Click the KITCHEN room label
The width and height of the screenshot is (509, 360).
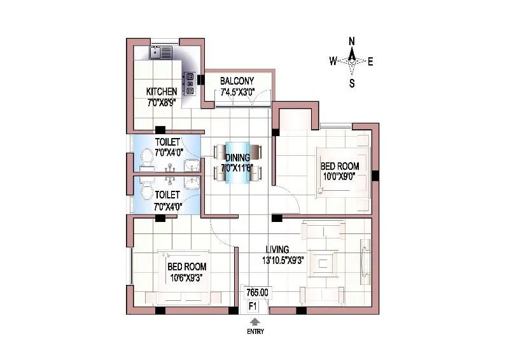point(162,91)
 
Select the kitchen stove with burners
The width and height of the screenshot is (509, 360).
point(190,83)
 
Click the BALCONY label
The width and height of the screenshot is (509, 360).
point(237,81)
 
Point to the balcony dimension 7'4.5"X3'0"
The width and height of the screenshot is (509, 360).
point(237,93)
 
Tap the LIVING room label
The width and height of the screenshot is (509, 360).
point(277,249)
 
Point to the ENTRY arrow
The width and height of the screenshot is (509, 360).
point(256,323)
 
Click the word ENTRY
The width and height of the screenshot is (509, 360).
point(256,332)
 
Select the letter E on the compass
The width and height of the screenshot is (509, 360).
point(371,61)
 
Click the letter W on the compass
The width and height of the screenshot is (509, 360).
point(332,61)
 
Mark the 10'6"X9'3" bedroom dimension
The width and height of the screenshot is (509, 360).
point(187,277)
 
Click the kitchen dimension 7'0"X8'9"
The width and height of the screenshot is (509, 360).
point(162,101)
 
